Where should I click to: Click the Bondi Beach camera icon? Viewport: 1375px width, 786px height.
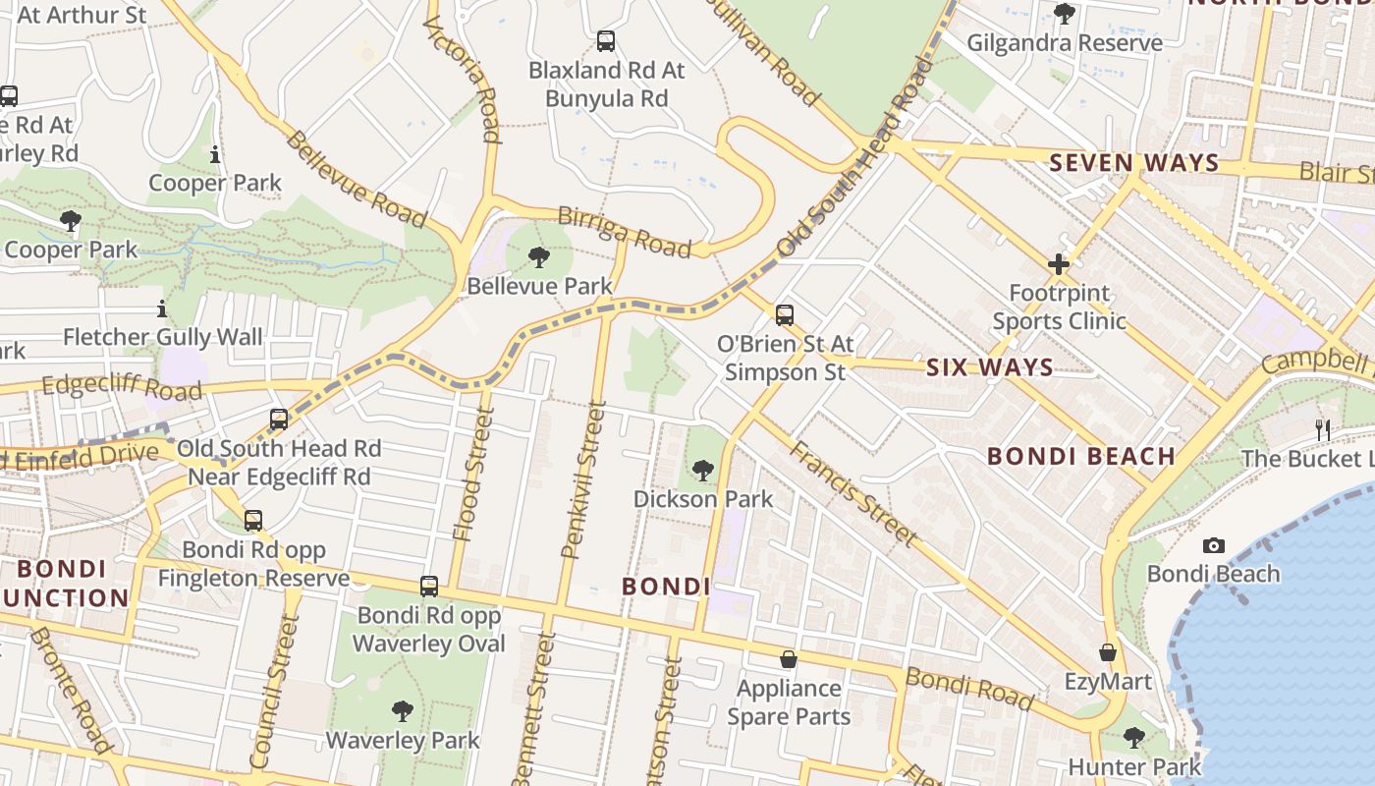(1214, 545)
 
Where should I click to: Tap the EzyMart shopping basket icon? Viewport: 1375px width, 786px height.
(1108, 652)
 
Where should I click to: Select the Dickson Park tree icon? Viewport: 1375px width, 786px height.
(702, 471)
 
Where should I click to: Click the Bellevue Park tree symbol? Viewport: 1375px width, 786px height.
(538, 257)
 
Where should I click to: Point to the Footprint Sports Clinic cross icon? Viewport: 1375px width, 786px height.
(1058, 264)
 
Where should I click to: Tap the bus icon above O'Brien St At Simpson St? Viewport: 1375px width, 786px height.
(784, 315)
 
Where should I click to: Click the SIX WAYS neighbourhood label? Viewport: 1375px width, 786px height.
(990, 368)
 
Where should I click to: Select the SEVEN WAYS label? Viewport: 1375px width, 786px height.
(1134, 163)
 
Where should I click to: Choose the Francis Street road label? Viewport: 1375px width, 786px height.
(852, 494)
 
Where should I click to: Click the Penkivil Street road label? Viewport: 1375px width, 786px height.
(582, 480)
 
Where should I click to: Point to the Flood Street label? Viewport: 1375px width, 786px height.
(468, 477)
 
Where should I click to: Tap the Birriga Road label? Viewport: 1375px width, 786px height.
(624, 232)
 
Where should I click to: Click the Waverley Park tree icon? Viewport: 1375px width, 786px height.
(402, 710)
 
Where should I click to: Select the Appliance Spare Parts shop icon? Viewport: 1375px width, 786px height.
(788, 659)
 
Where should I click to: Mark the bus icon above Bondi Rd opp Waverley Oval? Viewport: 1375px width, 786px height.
(429, 587)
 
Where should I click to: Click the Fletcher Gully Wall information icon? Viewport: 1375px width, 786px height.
(162, 309)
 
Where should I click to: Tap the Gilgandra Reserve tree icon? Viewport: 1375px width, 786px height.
(1064, 14)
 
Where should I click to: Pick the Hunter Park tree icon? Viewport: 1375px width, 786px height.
(1133, 737)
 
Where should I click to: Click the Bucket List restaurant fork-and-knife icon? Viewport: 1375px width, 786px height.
(1322, 429)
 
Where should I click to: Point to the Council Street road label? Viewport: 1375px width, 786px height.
(274, 692)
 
